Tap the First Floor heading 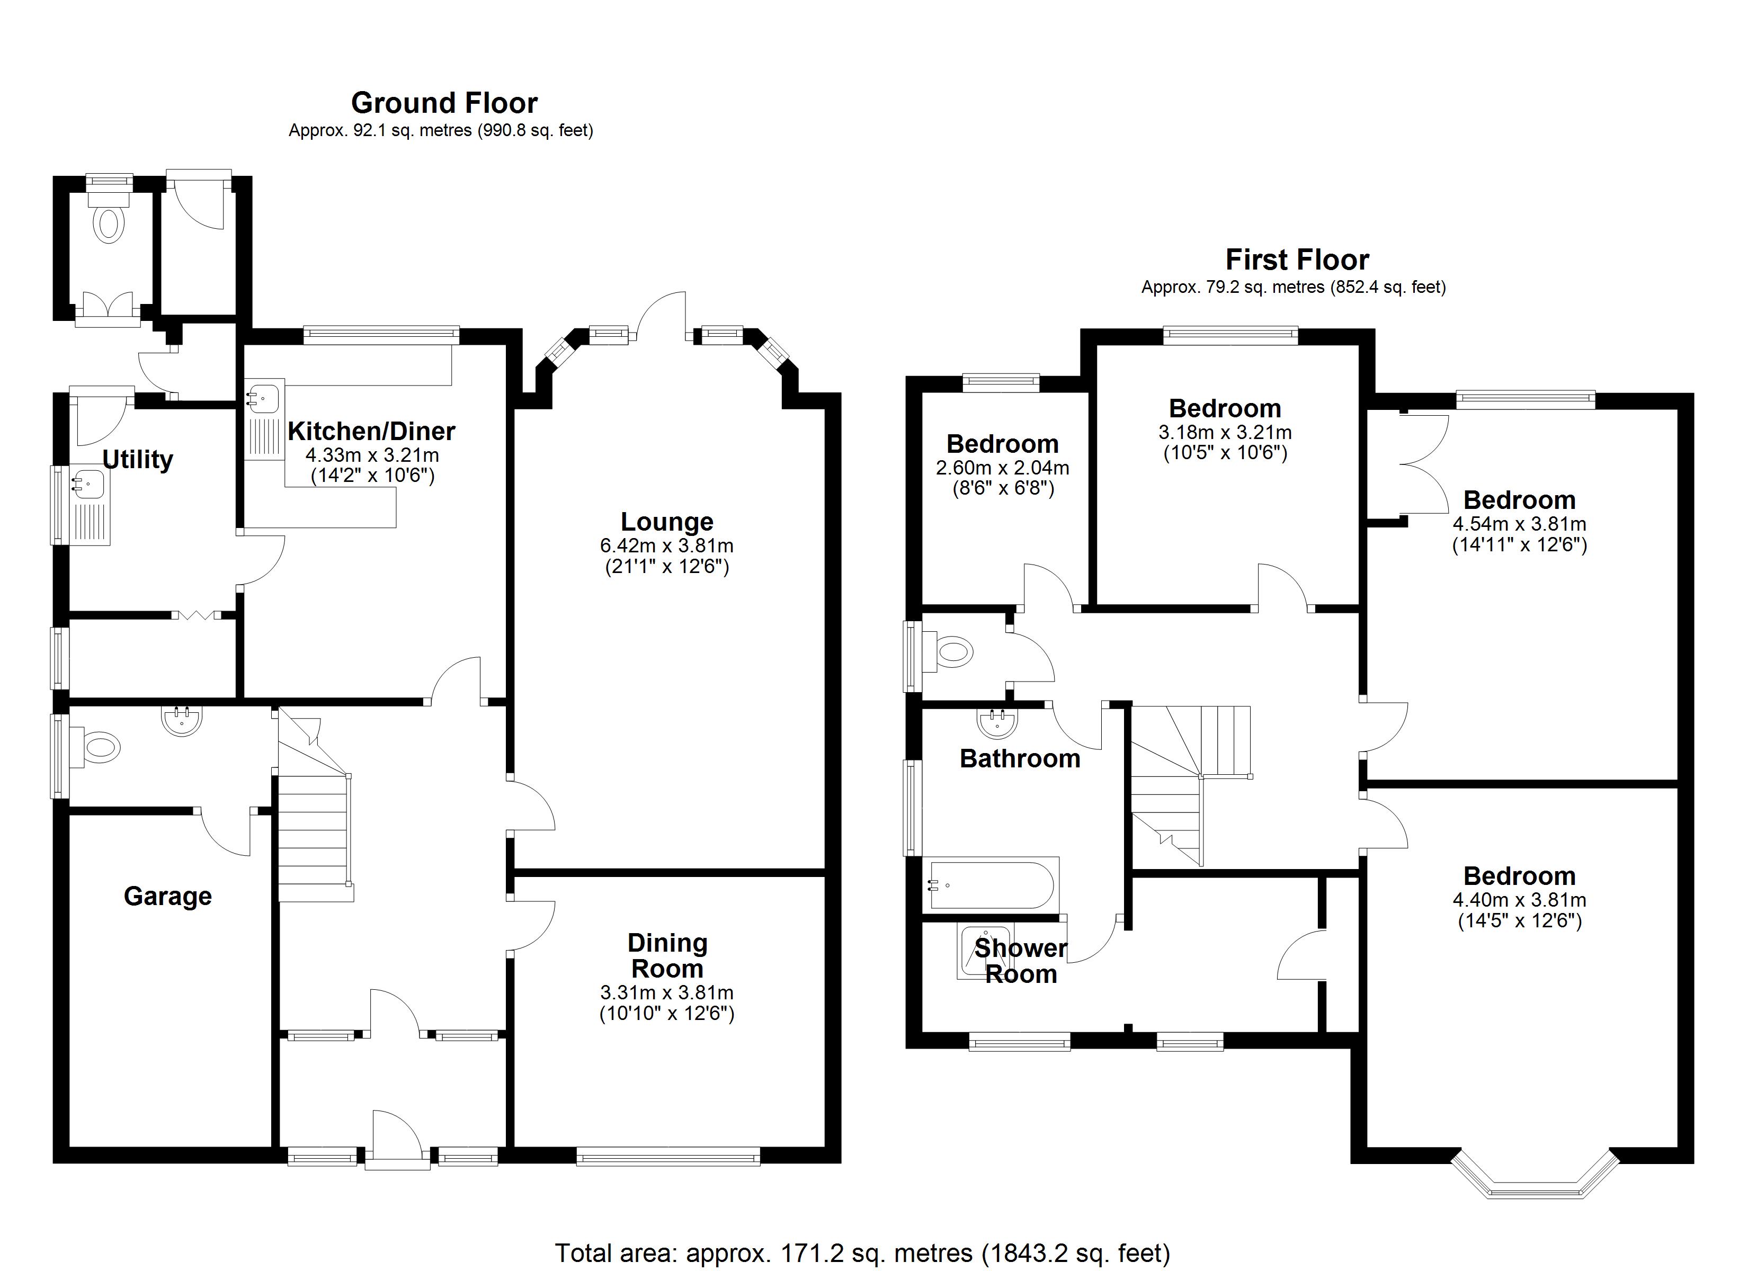pos(1297,259)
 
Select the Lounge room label pos(667,522)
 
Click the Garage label pos(167,897)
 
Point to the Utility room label pos(137,459)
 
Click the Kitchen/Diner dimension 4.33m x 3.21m pos(372,455)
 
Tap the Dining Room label pos(667,956)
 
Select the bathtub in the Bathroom pos(993,885)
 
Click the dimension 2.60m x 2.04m pos(1002,468)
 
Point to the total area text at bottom pos(862,1254)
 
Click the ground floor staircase pos(314,817)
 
